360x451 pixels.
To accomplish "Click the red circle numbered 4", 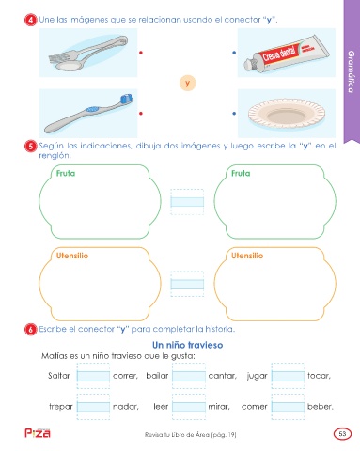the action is point(31,20).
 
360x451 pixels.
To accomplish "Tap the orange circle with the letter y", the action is point(187,83).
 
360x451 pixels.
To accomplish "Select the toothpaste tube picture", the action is point(287,53).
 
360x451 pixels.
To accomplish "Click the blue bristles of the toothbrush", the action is point(127,99).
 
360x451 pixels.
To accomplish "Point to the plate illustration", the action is point(287,114).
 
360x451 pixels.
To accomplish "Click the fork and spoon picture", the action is point(88,53).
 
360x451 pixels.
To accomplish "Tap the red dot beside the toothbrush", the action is point(141,114).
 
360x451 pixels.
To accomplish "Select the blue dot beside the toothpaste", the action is point(234,53).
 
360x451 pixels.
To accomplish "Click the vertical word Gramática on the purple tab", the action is point(352,71).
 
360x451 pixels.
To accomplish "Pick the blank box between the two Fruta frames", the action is point(187,202).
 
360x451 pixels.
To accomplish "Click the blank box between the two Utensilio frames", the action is point(187,284).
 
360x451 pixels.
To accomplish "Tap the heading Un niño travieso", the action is point(188,345).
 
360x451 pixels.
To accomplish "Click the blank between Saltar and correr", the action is point(93,376).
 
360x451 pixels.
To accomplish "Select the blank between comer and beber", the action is point(288,407).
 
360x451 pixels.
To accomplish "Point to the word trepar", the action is point(61,407).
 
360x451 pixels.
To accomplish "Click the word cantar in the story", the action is point(223,376).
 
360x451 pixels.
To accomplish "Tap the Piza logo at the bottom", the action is point(38,433).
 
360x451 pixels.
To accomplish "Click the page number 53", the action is point(342,434).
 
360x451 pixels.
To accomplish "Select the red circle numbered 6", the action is point(31,330).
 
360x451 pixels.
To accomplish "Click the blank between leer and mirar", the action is point(189,407).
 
